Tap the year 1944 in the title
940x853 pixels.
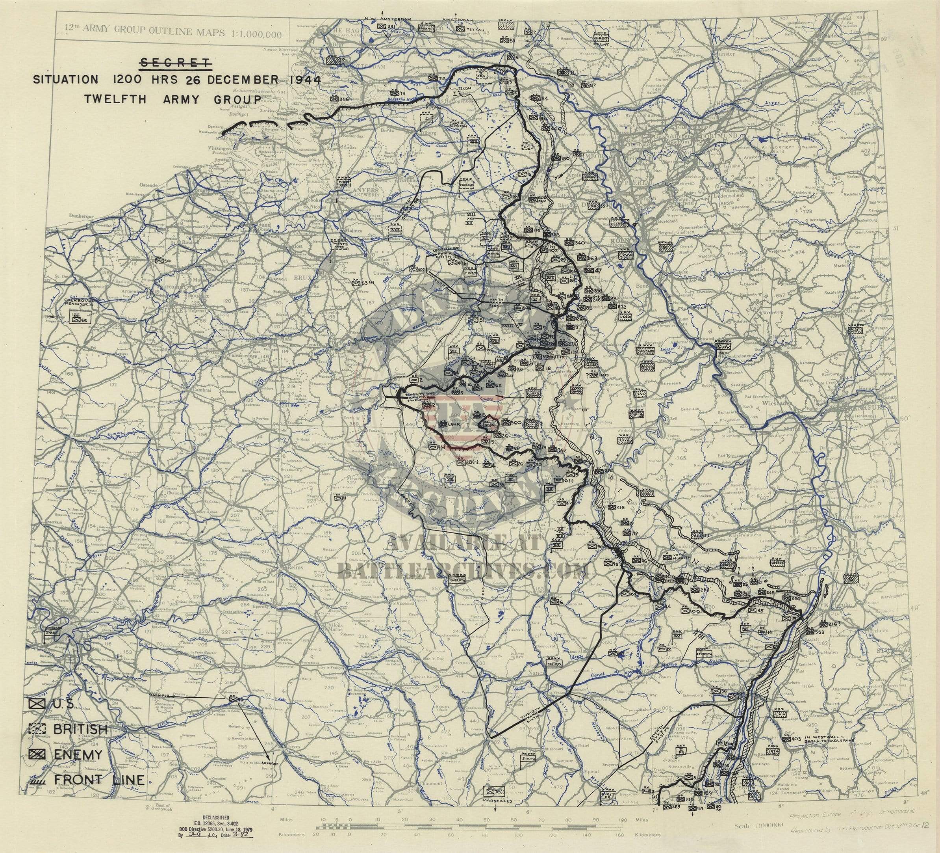click(x=304, y=79)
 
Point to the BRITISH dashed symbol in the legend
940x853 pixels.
click(x=36, y=728)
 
